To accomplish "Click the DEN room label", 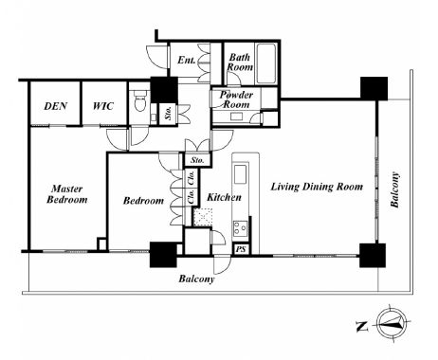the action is tap(55, 106).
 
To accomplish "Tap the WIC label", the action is tap(103, 106).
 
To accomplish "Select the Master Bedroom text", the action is tap(67, 194).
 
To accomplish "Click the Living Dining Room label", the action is tap(317, 187).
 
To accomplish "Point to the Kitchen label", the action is tap(224, 197).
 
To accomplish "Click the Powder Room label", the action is tap(236, 99).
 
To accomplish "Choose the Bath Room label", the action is tap(240, 62).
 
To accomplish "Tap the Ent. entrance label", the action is tap(186, 60).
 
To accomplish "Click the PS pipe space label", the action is tap(241, 249).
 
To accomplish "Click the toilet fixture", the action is tap(140, 99).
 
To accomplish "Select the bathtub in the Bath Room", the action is tap(266, 63).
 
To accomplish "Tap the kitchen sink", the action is tap(241, 174).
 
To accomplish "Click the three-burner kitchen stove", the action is tap(241, 228).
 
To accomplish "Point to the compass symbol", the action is tap(393, 324).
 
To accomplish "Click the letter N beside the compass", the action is tap(362, 326).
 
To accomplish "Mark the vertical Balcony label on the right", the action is tap(395, 189).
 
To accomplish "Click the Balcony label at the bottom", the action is tap(196, 279).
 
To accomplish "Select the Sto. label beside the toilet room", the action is tap(168, 113).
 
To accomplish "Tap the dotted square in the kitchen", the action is tap(203, 217).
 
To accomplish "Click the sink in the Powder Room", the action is tap(236, 117).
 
